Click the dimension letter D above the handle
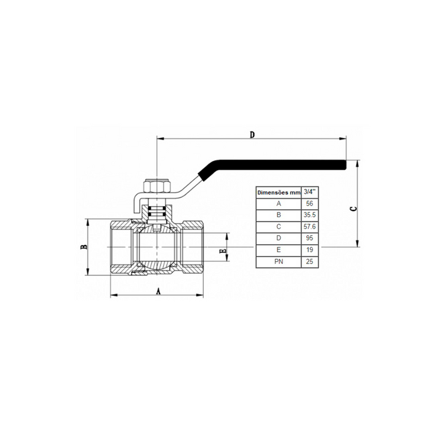252,135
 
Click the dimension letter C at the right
353,209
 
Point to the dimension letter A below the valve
159,291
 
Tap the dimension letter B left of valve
84,247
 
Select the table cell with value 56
309,204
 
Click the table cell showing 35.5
309,215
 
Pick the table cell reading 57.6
309,227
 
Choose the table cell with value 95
309,239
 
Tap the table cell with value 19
309,250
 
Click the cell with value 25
309,262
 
